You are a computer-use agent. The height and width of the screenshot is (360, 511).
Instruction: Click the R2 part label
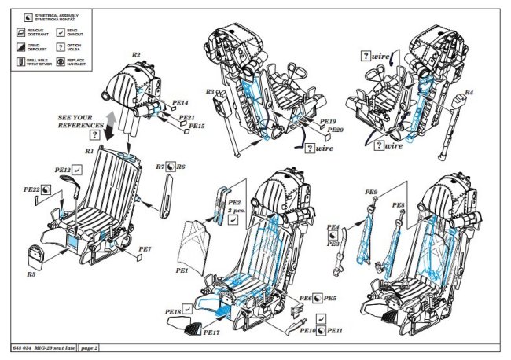click(x=136, y=54)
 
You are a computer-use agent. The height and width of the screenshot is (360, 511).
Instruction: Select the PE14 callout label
click(x=181, y=102)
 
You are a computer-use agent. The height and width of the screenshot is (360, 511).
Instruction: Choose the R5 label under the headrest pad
click(x=31, y=274)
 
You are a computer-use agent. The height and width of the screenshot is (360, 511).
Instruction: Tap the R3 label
click(x=210, y=92)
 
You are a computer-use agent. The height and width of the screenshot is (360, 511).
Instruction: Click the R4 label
click(x=469, y=93)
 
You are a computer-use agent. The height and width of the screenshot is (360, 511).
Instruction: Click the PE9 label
click(x=371, y=192)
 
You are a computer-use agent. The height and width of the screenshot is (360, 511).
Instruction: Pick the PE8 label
click(x=399, y=204)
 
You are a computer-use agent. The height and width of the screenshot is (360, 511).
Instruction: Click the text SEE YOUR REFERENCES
click(x=80, y=120)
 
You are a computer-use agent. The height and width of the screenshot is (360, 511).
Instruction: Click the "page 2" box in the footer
click(x=90, y=347)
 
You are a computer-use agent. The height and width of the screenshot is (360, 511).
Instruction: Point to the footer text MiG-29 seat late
click(x=52, y=347)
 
